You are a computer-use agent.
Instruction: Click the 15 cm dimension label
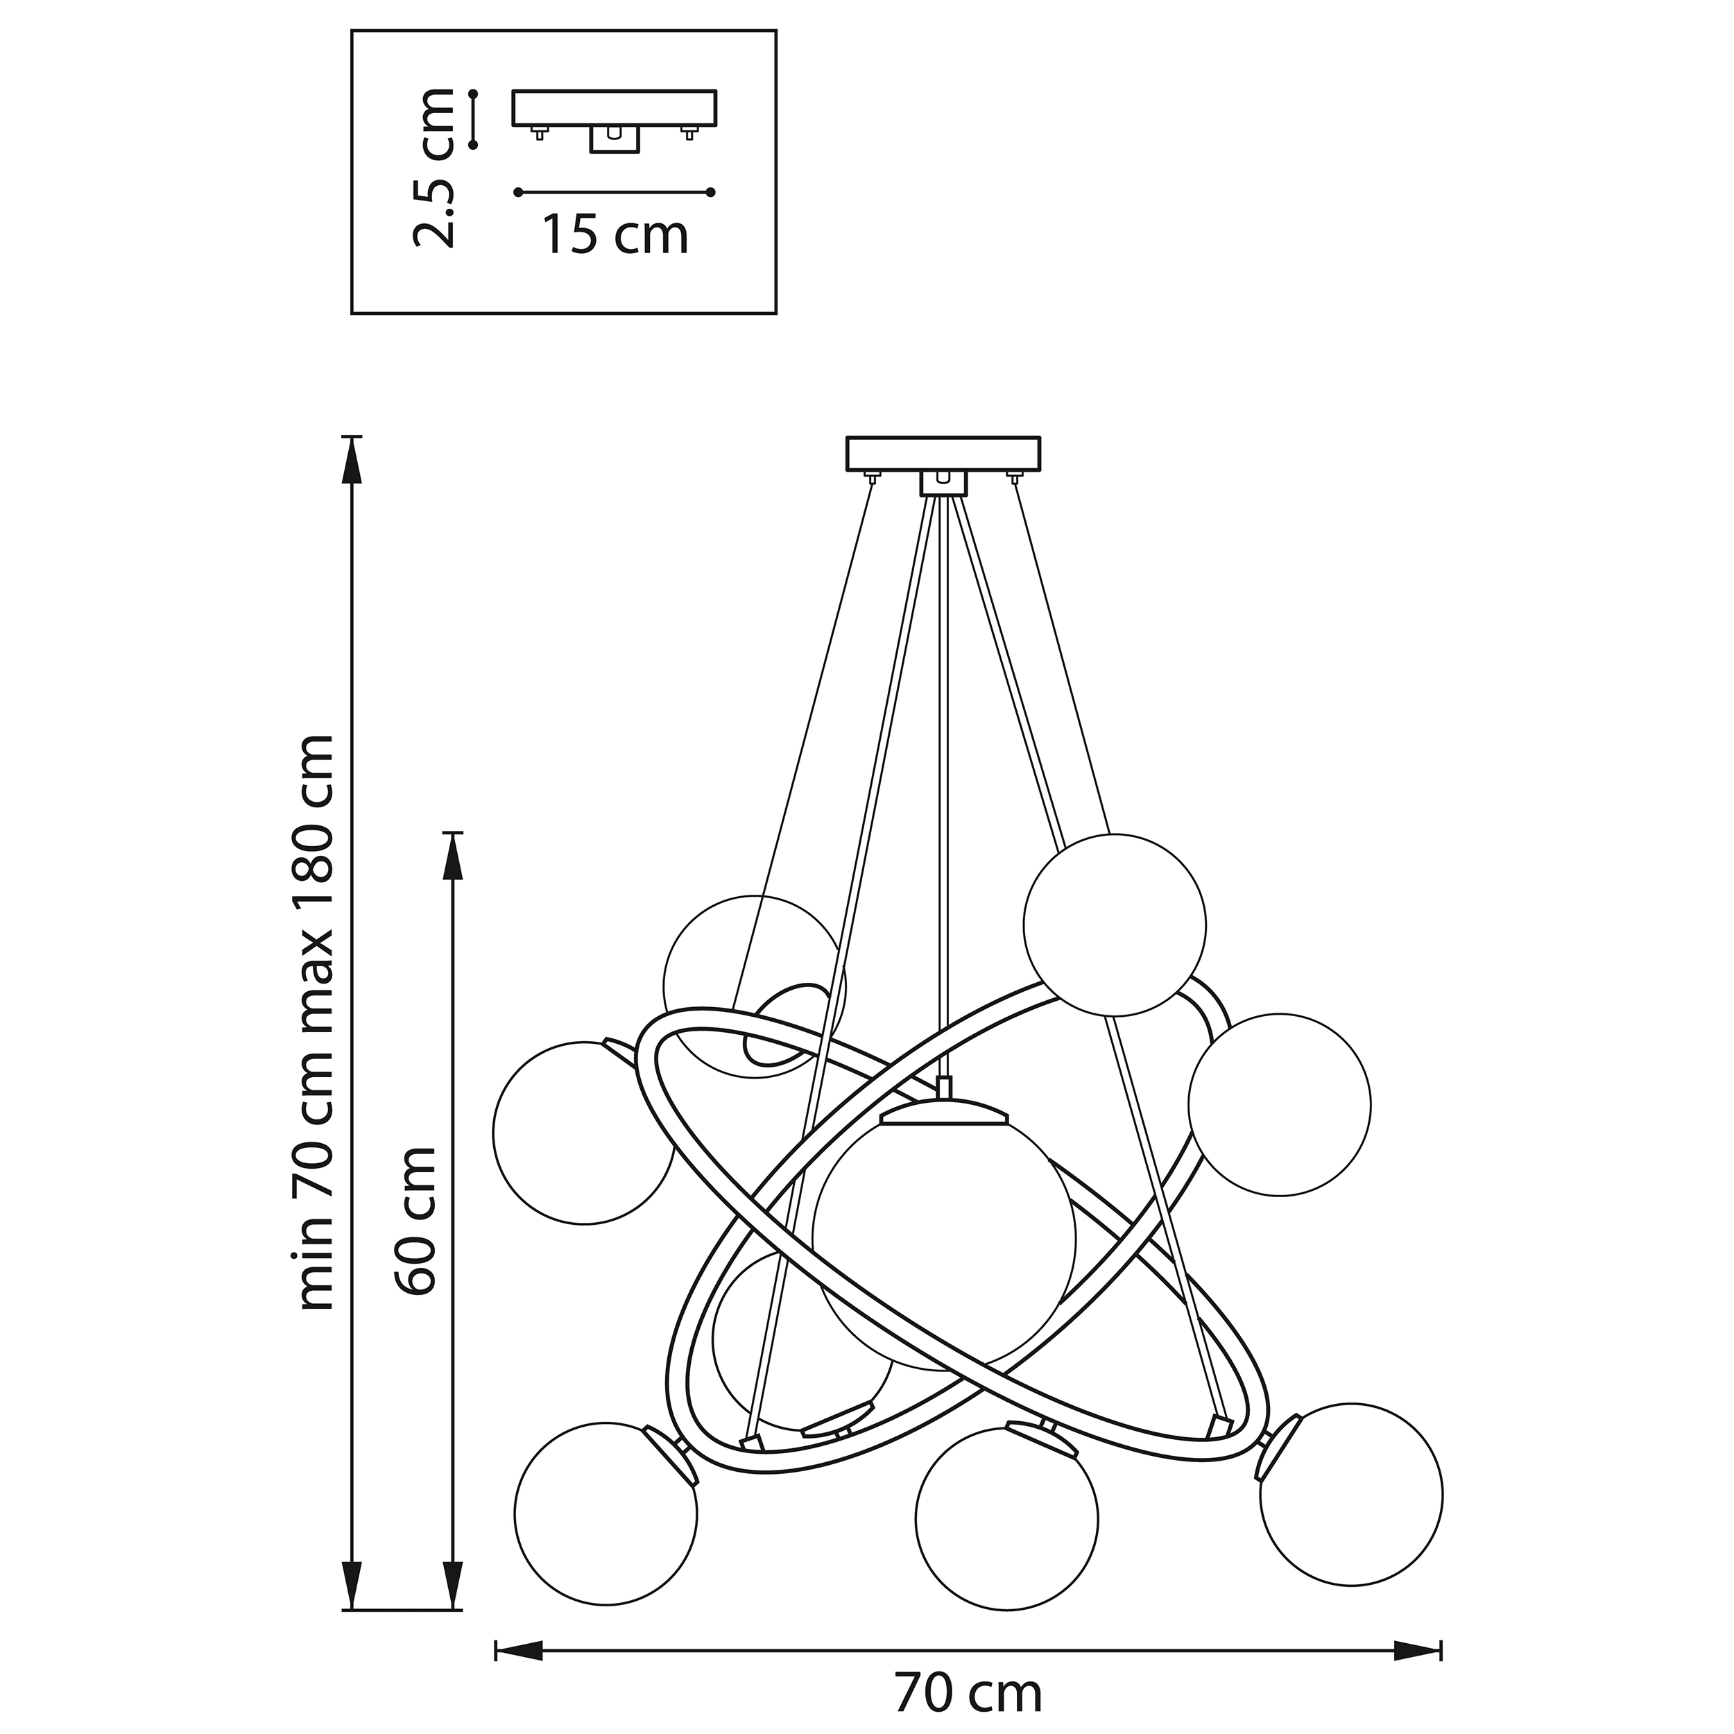pyautogui.click(x=616, y=235)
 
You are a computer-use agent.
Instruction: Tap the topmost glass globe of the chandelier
pyautogui.click(x=1114, y=925)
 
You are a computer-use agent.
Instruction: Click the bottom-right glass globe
pyautogui.click(x=1350, y=1495)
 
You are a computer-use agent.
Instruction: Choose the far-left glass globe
pyautogui.click(x=583, y=1133)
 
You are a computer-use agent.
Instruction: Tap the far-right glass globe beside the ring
pyautogui.click(x=1279, y=1105)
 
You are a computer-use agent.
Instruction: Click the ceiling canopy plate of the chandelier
pyautogui.click(x=943, y=453)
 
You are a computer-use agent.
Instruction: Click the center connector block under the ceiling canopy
pyautogui.click(x=943, y=485)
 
